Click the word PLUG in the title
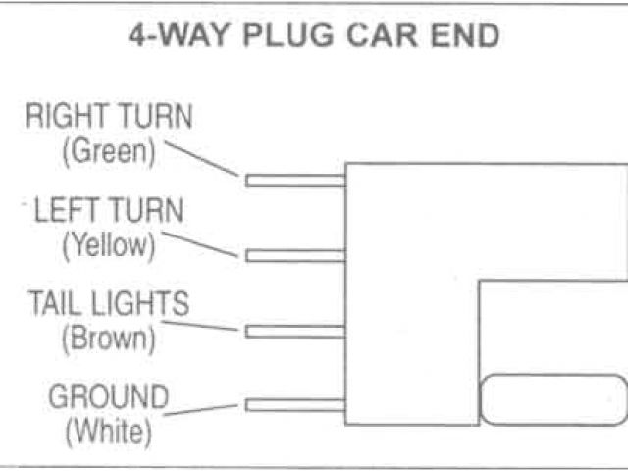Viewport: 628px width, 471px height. click(x=282, y=36)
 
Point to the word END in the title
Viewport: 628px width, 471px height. click(x=464, y=36)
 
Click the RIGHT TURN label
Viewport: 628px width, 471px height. click(x=109, y=118)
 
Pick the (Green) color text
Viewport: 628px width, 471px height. click(x=109, y=151)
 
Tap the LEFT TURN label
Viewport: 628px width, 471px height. click(x=108, y=210)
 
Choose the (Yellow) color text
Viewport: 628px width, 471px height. click(x=109, y=244)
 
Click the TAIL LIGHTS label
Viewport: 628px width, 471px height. click(x=108, y=303)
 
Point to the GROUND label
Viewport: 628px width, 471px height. click(x=109, y=397)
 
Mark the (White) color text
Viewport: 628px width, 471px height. click(x=108, y=430)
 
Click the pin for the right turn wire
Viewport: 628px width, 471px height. click(x=295, y=181)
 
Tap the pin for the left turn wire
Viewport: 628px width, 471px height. click(x=295, y=256)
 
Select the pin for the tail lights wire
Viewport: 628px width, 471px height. click(x=295, y=332)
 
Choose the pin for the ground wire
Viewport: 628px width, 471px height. click(x=295, y=405)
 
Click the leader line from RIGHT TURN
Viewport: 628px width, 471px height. click(x=202, y=159)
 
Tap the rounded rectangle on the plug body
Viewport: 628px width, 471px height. click(x=551, y=400)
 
